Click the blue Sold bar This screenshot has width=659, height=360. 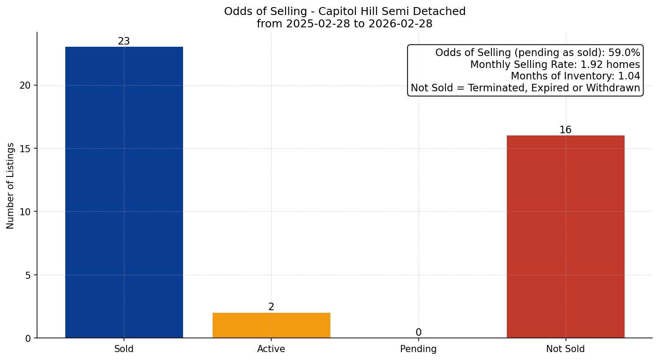point(124,192)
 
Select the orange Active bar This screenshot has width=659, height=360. point(271,325)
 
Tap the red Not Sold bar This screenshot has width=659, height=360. point(565,236)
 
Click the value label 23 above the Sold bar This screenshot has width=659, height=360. point(124,41)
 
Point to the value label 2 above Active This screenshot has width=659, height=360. point(271,307)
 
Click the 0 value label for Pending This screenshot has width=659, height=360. point(418,333)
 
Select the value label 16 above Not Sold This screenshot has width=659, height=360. point(565,130)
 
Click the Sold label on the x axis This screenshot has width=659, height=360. point(124,349)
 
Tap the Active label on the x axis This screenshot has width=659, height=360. point(271,349)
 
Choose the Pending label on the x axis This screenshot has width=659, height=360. point(418,349)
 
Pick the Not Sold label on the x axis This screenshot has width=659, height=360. point(565,349)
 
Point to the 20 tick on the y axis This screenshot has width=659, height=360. point(25,86)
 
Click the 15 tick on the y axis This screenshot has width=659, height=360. point(25,149)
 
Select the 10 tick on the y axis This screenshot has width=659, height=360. point(25,212)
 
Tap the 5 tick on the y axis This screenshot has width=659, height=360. point(28,275)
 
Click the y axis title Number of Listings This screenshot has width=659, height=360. point(11,186)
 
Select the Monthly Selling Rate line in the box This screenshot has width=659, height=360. point(555,64)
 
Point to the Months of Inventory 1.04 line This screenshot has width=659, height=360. point(575,76)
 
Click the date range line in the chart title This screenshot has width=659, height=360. point(344,24)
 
